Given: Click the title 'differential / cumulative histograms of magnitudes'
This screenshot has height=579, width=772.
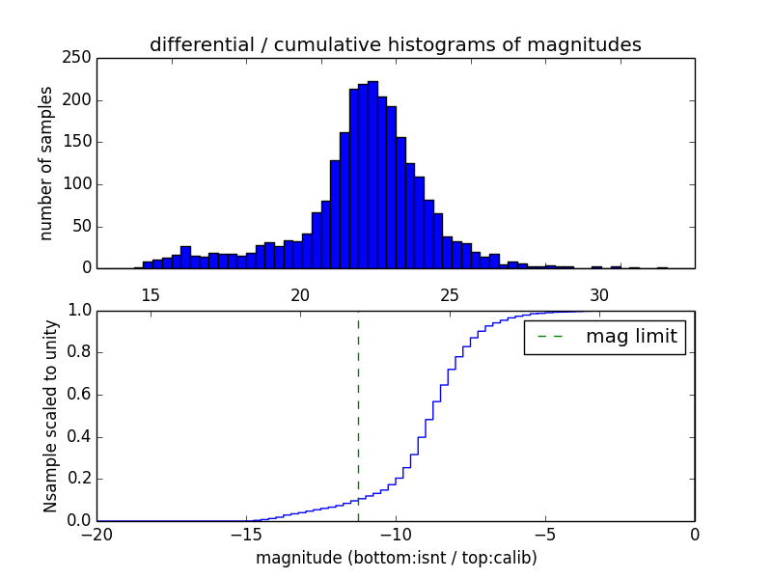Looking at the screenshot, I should coord(395,44).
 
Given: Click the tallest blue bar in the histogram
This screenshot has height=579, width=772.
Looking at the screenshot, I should coord(372,174).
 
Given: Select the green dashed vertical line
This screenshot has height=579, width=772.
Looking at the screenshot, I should coord(358,415).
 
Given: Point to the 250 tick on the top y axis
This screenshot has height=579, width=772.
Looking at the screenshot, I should coord(81,58).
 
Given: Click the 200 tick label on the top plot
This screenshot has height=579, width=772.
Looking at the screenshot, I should coord(81,100).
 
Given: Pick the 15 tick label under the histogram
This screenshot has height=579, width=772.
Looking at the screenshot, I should coord(151,294).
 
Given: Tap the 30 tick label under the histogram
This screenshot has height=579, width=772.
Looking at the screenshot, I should coord(599,294).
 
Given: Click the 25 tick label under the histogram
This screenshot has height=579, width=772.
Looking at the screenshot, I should coord(450,294).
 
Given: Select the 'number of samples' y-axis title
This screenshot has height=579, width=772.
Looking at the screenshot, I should coord(46,163).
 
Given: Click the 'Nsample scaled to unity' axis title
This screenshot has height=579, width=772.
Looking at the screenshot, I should coord(50,416).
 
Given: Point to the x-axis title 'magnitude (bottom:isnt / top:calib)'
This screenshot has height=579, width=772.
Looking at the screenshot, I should coord(396,558).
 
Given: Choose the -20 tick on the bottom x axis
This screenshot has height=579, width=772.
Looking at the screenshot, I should coord(96,534).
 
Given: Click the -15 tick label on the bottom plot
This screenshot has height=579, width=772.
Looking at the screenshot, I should coord(246,534).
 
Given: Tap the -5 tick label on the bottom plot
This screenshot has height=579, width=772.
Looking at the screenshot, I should coord(545,534).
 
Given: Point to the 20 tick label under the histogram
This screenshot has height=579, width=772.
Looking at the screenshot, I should coord(300,294).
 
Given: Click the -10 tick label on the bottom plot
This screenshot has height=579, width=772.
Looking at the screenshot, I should coord(396,534).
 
